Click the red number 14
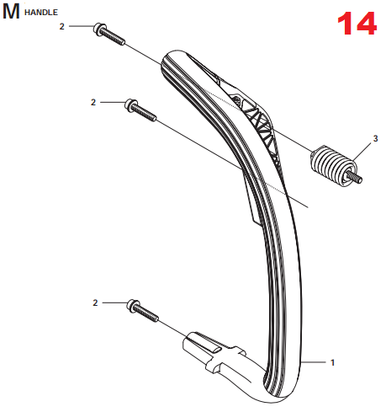coord(357,24)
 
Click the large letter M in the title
coord(11,12)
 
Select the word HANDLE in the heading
coord(41,13)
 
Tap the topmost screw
coord(109,34)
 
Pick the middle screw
coord(140,110)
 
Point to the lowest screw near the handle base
coord(143,311)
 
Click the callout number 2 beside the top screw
coord(62,26)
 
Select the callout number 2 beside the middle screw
coord(93,102)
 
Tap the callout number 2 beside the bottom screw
coord(95,302)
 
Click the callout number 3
coord(375,138)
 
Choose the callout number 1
coord(332,362)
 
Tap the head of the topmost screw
coord(99,29)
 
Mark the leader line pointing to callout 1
coord(313,362)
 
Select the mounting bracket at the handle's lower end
coord(213,351)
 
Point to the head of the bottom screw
coord(133,305)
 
